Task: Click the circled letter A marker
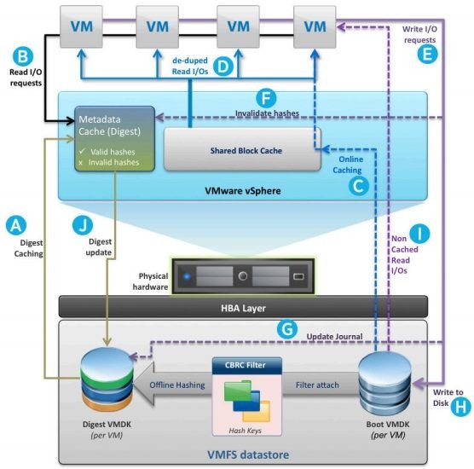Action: (16, 225)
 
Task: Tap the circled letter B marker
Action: (23, 56)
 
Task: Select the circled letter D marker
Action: (223, 67)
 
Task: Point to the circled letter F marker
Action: (266, 98)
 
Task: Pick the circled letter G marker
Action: (287, 329)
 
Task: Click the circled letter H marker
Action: (461, 407)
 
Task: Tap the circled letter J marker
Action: (83, 225)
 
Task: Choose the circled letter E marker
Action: (427, 54)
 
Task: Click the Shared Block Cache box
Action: (242, 150)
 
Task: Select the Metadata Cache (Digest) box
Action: (114, 139)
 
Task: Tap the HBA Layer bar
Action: (243, 307)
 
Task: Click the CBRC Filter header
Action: (247, 365)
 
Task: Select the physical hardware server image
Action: (243, 276)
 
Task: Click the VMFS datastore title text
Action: (248, 455)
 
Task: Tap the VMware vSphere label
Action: (243, 191)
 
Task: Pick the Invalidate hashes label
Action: (267, 113)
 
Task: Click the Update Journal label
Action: (335, 336)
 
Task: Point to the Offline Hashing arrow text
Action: (177, 385)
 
